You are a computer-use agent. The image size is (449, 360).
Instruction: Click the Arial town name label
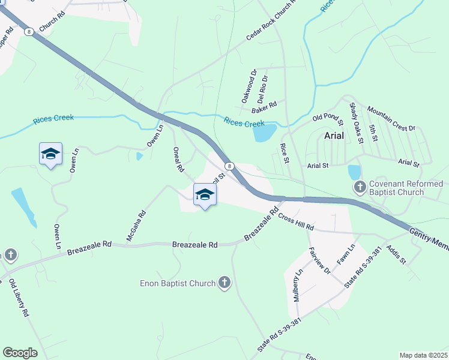click(x=334, y=136)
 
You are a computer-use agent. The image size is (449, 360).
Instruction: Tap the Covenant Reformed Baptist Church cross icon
click(x=360, y=187)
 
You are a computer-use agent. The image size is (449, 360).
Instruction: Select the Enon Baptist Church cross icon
click(x=224, y=282)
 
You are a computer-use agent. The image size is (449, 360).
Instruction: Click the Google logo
click(x=20, y=353)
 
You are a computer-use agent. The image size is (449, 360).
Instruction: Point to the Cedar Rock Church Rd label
click(x=271, y=22)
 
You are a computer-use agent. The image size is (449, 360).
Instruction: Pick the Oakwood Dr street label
click(x=249, y=86)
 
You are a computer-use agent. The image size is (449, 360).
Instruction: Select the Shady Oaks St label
click(x=357, y=122)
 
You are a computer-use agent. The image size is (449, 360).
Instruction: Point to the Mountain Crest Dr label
click(x=391, y=119)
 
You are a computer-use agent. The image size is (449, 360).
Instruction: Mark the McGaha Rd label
click(x=136, y=226)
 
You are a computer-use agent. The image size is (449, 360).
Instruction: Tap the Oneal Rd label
click(x=178, y=160)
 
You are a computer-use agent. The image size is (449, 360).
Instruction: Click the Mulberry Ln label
click(x=298, y=286)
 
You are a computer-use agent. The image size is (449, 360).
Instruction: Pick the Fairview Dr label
click(x=319, y=261)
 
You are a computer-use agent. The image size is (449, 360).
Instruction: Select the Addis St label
click(x=397, y=254)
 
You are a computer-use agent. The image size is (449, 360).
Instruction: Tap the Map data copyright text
click(x=424, y=355)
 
